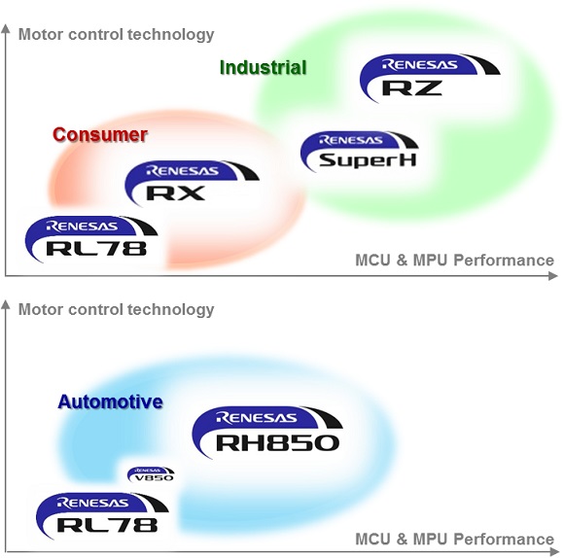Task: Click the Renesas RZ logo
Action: pos(428,78)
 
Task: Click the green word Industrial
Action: pos(263,68)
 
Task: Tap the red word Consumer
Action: pos(99,134)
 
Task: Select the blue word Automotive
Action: pos(110,401)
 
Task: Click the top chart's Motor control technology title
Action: pos(116,35)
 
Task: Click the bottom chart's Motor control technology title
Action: pos(116,310)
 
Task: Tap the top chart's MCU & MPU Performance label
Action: pos(454,261)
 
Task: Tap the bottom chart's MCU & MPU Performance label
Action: pos(454,540)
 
